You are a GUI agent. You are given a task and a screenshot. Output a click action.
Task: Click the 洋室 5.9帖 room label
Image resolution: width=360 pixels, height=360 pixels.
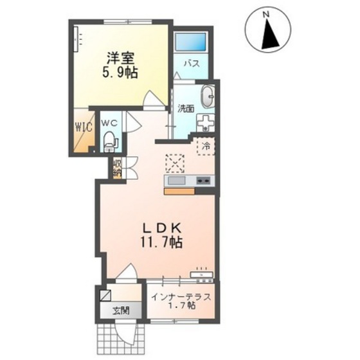[122, 66]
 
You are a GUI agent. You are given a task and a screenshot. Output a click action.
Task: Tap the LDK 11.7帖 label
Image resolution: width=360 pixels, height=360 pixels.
[161, 237]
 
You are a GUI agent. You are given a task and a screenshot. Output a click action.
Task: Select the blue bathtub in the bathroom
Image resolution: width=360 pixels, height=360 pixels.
[190, 42]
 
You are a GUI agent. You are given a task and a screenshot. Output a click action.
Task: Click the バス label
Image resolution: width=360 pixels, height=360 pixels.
[192, 64]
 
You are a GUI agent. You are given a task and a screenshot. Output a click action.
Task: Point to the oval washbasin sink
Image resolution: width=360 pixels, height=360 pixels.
[208, 96]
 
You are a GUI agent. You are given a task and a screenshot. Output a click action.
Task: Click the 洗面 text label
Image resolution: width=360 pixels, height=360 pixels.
[186, 109]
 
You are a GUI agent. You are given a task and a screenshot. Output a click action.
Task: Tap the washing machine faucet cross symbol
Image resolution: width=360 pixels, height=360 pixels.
[206, 122]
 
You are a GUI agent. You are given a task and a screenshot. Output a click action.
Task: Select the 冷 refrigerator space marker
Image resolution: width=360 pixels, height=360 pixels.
[206, 146]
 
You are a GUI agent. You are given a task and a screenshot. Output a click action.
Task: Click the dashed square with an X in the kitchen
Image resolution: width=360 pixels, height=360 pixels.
[175, 163]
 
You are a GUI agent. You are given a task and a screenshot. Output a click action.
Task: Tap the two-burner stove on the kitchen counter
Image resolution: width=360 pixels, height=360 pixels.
[203, 181]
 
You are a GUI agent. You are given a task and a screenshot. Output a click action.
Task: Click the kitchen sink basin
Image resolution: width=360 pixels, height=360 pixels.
[177, 181]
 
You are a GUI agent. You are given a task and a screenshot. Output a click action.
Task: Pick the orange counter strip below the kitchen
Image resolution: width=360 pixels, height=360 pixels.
[179, 192]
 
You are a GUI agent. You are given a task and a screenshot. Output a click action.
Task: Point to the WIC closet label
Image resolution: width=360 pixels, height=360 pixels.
[84, 127]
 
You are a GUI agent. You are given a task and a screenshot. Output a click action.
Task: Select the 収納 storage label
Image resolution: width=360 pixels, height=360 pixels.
[117, 168]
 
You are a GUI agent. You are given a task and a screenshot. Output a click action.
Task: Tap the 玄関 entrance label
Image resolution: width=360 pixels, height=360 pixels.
[121, 310]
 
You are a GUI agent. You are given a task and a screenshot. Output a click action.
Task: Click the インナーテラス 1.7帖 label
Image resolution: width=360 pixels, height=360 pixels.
[181, 301]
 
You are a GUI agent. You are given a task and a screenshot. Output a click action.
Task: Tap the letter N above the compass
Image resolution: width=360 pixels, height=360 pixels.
[266, 15]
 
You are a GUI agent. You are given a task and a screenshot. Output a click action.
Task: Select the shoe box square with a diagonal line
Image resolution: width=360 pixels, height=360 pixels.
[105, 295]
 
